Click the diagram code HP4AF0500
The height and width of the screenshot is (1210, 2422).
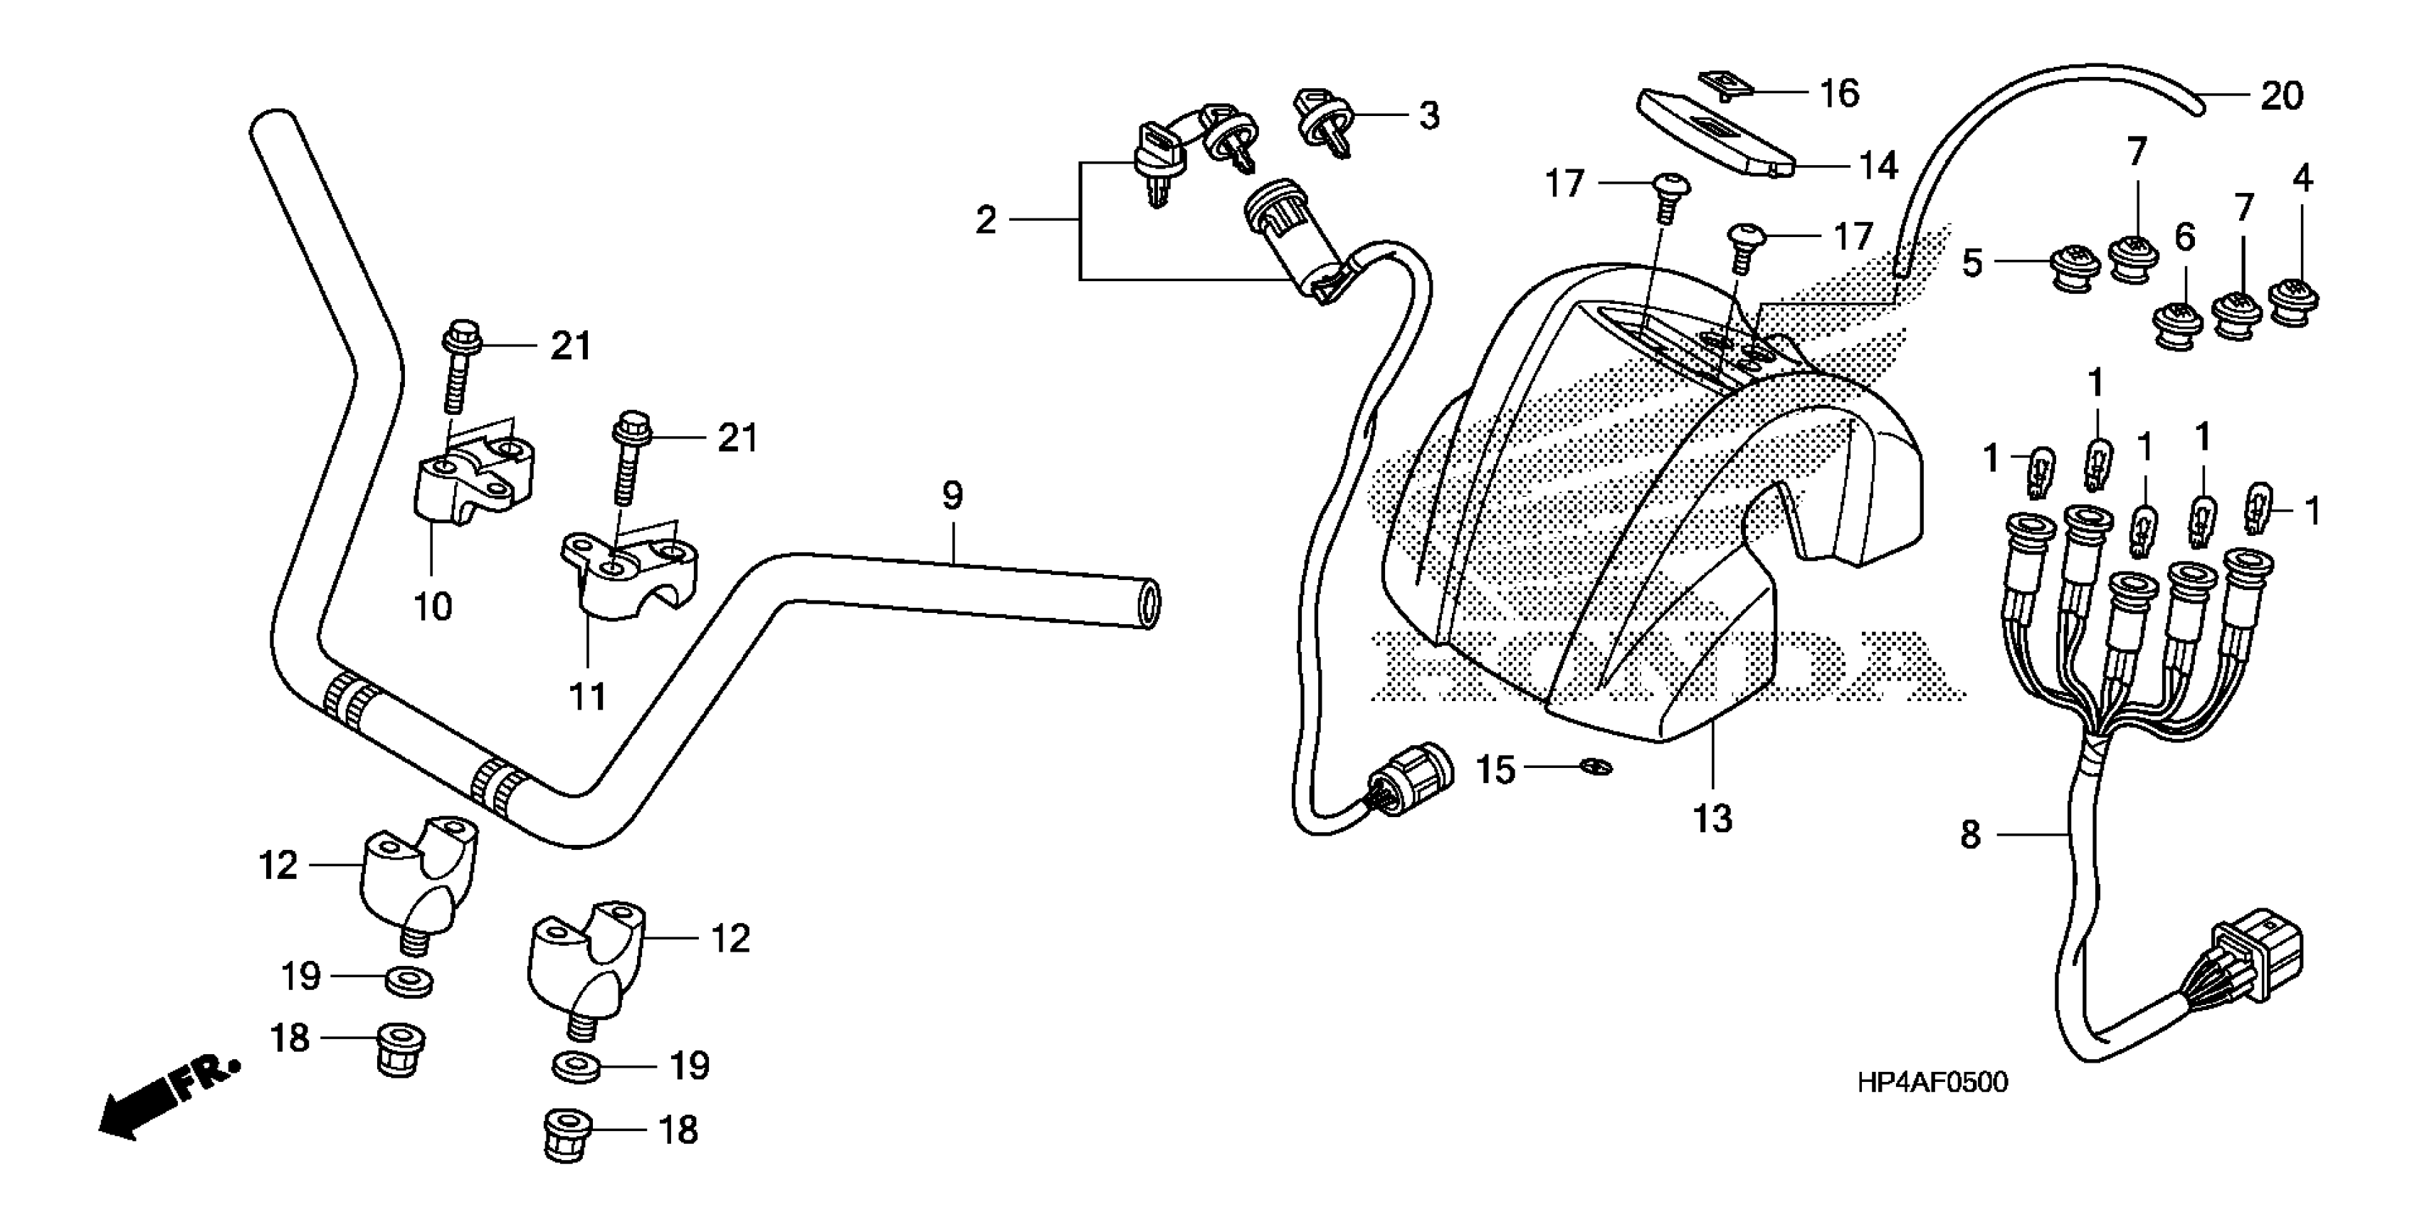click(1932, 1083)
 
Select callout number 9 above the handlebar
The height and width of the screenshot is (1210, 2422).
click(952, 495)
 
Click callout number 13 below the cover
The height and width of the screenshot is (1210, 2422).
click(1712, 820)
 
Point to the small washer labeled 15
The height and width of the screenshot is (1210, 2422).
click(1596, 768)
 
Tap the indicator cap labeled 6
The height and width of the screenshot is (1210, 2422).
click(2176, 326)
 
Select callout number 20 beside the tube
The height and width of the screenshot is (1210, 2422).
click(2282, 96)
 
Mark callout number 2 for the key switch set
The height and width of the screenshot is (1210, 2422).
click(985, 221)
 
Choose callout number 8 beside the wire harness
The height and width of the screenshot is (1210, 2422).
click(1971, 834)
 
